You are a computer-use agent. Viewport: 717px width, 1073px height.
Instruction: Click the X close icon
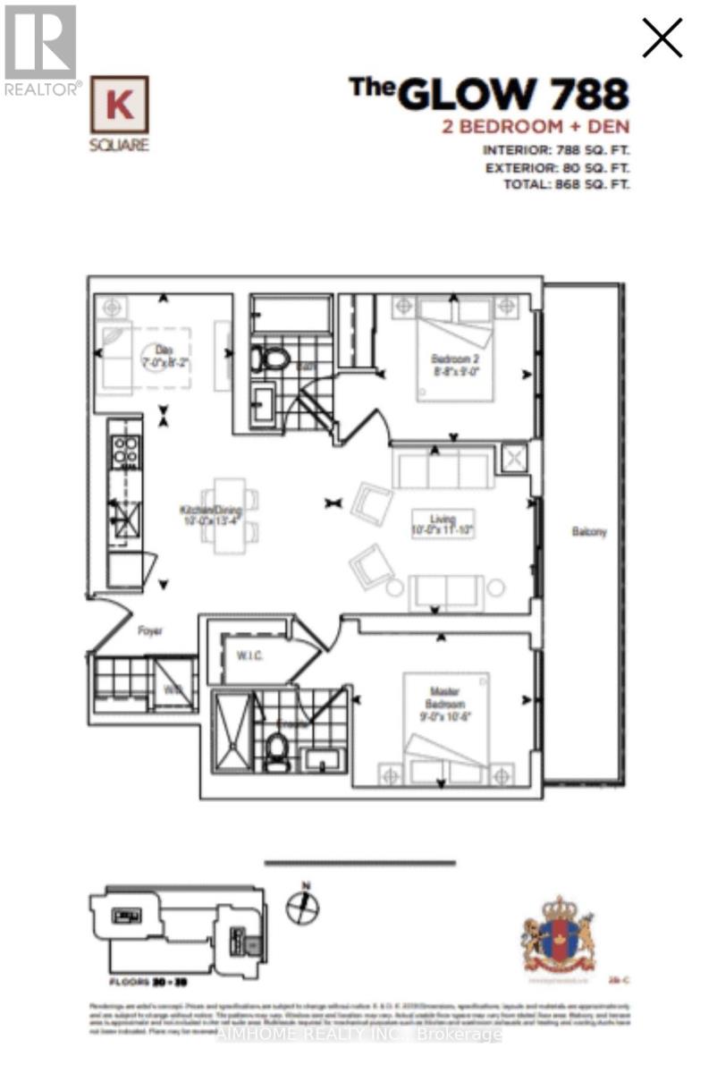point(662,38)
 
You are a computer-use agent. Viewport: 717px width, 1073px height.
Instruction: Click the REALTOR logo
point(40,49)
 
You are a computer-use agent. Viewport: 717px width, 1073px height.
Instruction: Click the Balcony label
point(589,532)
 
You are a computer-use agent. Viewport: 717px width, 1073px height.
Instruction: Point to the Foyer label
point(149,629)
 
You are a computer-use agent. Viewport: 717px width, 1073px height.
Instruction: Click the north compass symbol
point(302,906)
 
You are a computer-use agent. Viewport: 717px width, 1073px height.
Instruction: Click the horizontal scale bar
point(360,863)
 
